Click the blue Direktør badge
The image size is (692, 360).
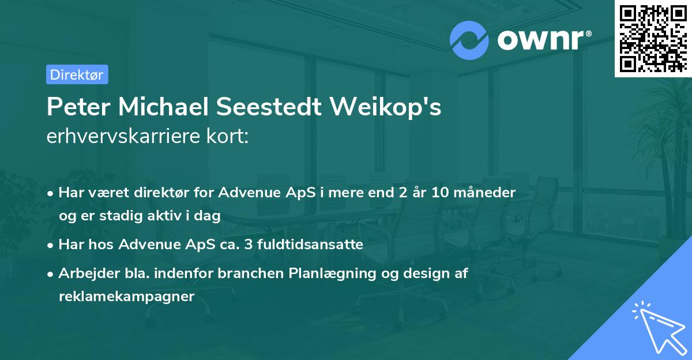click(x=77, y=74)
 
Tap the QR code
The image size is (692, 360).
click(x=653, y=39)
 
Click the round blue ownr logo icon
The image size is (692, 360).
click(x=469, y=40)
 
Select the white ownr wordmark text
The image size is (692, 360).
click(x=544, y=40)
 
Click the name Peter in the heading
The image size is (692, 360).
click(x=78, y=107)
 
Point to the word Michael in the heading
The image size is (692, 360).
click(x=163, y=107)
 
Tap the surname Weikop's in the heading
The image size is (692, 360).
click(x=386, y=107)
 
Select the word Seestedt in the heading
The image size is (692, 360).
click(x=269, y=107)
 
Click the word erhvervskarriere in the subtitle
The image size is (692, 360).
click(x=123, y=136)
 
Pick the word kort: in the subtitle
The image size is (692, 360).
click(x=227, y=136)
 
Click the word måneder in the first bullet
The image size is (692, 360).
click(x=485, y=192)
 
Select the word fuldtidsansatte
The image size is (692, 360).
click(x=310, y=244)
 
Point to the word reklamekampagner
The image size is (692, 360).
click(x=127, y=297)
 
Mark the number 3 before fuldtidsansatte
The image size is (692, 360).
click(x=248, y=245)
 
